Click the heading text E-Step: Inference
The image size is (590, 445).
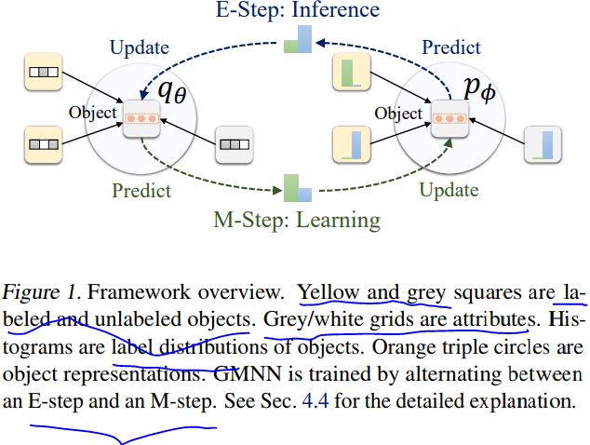tap(299, 10)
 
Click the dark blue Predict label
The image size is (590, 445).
tap(451, 47)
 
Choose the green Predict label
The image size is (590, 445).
tap(141, 191)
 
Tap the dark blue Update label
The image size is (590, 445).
tap(140, 47)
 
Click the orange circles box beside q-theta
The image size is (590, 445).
tap(142, 118)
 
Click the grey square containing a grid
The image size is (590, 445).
tap(234, 144)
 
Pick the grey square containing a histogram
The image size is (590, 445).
tap(543, 144)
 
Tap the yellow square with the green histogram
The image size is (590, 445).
tap(351, 71)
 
